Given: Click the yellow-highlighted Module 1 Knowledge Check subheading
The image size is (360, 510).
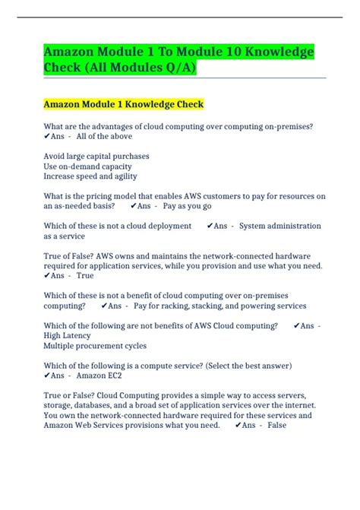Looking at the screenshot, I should click(124, 103).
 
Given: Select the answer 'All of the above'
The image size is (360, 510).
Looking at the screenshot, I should click(104, 137).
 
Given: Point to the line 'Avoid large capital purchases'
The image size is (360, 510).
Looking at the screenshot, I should click(96, 156).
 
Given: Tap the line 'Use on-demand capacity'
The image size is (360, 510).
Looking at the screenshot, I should click(87, 166).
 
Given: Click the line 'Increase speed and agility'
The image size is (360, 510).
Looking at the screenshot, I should click(90, 176).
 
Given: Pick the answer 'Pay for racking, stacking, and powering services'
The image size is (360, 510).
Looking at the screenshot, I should click(220, 306).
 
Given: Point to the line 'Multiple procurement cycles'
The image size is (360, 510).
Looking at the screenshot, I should click(95, 345).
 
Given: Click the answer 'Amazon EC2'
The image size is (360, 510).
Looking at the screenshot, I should click(99, 375).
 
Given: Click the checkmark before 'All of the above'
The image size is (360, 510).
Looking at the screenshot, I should click(47, 137).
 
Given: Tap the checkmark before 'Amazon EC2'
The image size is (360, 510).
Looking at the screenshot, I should click(47, 375).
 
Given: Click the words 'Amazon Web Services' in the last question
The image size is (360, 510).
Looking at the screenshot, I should click(87, 426).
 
